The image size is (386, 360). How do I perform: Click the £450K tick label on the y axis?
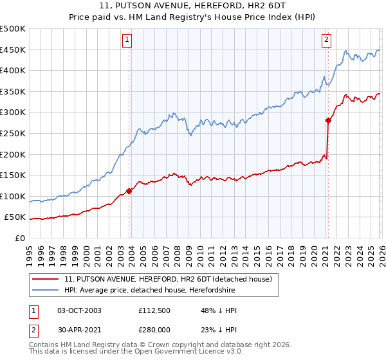coord(13,50)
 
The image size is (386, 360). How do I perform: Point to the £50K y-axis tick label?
coord(15,218)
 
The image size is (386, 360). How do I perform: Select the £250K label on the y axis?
coord(13,134)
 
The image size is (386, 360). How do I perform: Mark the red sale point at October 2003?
coord(129,190)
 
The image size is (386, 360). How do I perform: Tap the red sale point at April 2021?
coord(328,120)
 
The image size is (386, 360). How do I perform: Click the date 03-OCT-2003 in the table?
coord(80,310)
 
